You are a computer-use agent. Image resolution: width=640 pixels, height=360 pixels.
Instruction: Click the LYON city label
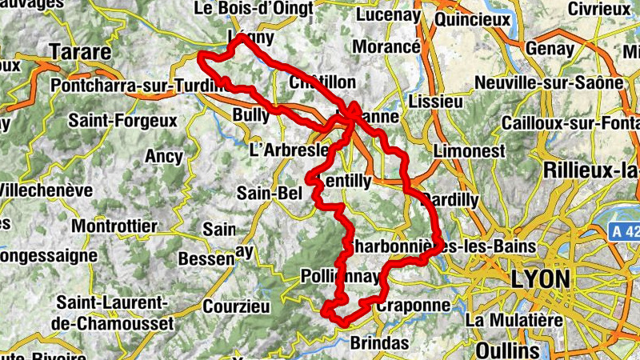point(542,279)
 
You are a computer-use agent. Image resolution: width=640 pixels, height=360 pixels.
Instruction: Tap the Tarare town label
point(80,53)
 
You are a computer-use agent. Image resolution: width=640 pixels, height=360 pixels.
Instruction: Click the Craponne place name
point(413,306)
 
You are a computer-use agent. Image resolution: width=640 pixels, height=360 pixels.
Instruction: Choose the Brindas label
point(380,342)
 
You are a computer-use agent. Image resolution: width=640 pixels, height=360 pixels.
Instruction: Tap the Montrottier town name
point(114,226)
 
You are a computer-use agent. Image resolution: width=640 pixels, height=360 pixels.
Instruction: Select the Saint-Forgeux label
point(122,121)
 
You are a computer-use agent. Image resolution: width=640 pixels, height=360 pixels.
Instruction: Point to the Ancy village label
point(163,157)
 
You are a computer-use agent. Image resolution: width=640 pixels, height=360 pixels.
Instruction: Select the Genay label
point(550,49)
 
